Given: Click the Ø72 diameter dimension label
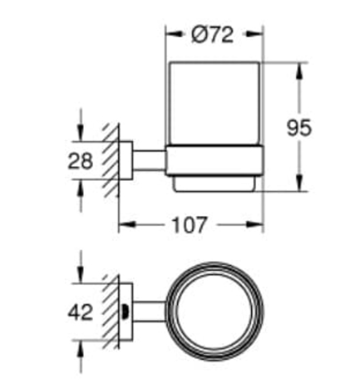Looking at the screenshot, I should point(212,35).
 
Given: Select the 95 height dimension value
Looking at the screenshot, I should point(299,128).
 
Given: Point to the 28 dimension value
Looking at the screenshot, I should point(80,161).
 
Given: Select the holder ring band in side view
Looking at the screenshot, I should point(213,162).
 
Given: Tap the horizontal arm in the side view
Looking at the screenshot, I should point(150,161).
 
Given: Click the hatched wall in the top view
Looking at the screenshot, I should point(111,310).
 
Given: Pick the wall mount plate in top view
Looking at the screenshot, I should point(127,311).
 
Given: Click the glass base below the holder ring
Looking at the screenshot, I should point(213,184).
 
